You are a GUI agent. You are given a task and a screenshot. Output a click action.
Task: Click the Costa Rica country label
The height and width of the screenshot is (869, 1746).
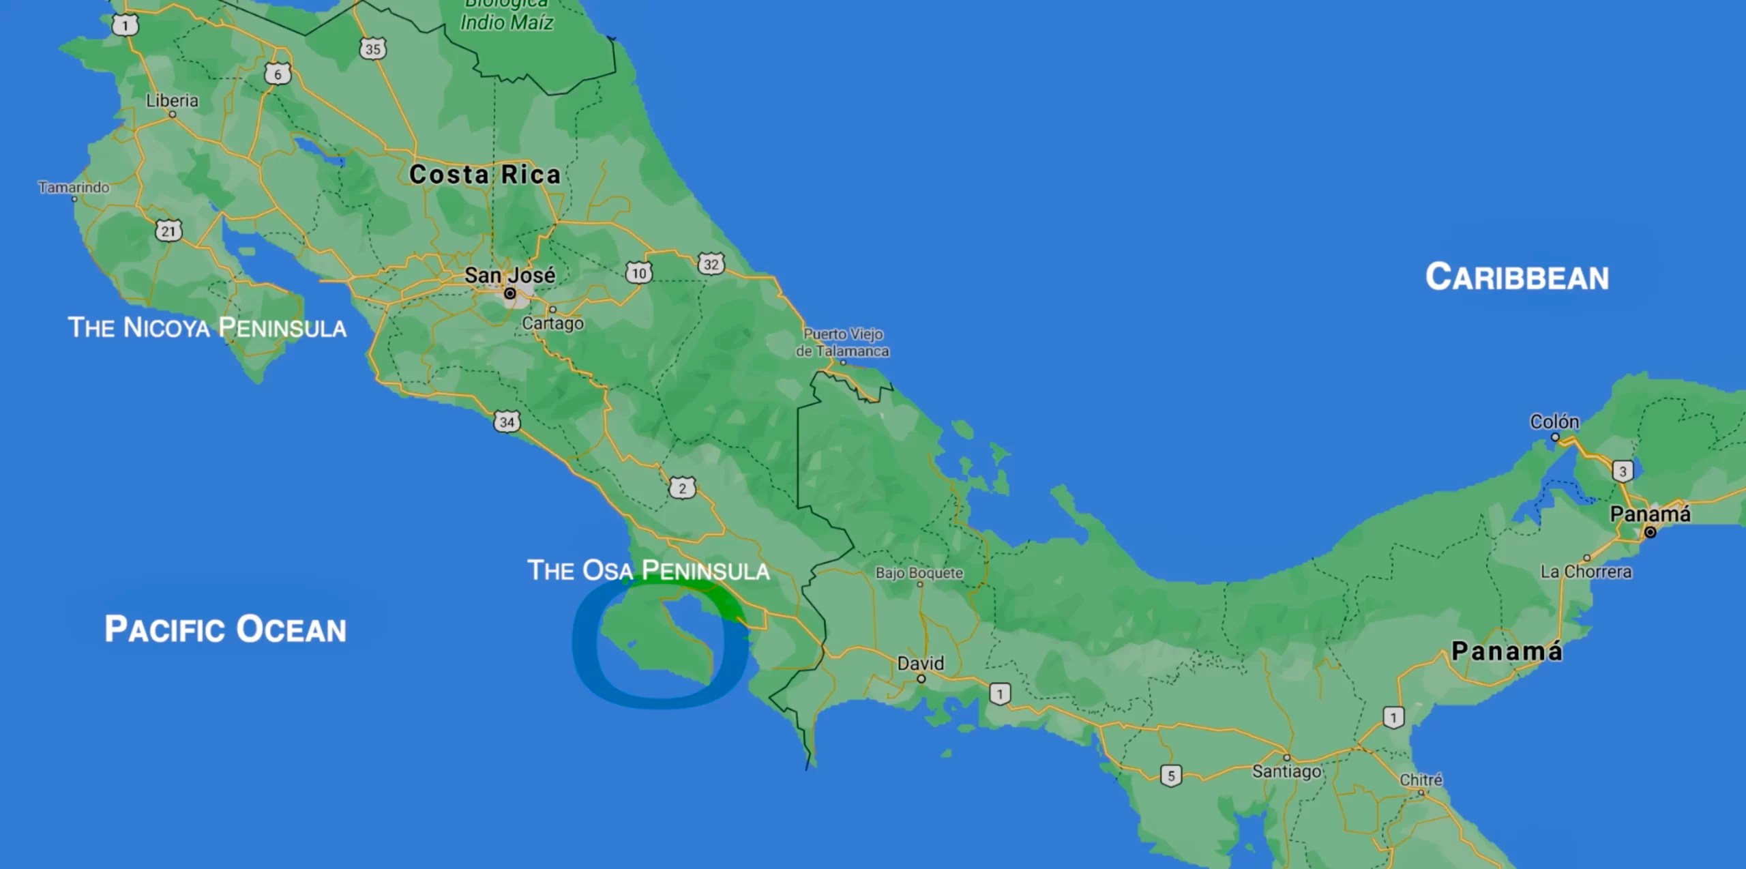coord(484,175)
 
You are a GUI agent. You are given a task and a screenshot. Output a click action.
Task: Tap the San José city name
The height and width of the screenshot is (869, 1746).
coord(509,275)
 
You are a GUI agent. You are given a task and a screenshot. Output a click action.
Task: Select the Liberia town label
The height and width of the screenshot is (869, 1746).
coord(172,101)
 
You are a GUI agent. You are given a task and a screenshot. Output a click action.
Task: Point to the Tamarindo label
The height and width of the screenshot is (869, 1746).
coord(74,187)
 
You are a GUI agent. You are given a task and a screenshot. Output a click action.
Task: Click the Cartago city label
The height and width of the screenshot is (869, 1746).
coord(552,323)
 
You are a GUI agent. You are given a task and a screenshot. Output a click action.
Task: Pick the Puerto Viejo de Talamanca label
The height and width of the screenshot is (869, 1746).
coord(843,342)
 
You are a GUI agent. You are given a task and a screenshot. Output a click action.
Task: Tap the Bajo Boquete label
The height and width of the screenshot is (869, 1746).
coord(919,573)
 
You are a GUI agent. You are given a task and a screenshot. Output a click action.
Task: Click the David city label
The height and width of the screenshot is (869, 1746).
coord(920,663)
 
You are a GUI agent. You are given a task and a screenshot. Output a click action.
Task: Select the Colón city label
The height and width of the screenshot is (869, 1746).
coord(1554,422)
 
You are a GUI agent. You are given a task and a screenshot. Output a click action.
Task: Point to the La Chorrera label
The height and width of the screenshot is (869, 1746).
coord(1586,572)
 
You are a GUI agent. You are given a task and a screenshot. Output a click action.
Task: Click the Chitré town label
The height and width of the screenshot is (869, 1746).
coord(1421,780)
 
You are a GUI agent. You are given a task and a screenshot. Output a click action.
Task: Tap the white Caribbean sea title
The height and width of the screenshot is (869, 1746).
coord(1517,278)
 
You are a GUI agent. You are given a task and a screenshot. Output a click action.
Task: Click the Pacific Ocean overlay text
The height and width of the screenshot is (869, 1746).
coord(225,629)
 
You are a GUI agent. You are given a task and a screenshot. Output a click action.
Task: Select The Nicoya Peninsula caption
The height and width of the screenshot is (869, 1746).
coord(207,327)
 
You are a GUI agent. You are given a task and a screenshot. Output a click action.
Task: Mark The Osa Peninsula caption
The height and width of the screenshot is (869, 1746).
coord(648,570)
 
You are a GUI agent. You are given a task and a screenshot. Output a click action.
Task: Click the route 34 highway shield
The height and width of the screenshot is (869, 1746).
coord(507,422)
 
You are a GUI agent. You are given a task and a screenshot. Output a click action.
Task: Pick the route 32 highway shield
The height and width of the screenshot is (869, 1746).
coord(711,264)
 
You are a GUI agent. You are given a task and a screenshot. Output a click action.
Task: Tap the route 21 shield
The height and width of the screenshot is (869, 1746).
coord(168,231)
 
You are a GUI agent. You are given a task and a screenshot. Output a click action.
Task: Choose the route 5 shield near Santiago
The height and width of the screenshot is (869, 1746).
coord(1171,776)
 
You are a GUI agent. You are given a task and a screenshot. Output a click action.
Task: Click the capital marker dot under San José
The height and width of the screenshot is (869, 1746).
coord(509,294)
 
